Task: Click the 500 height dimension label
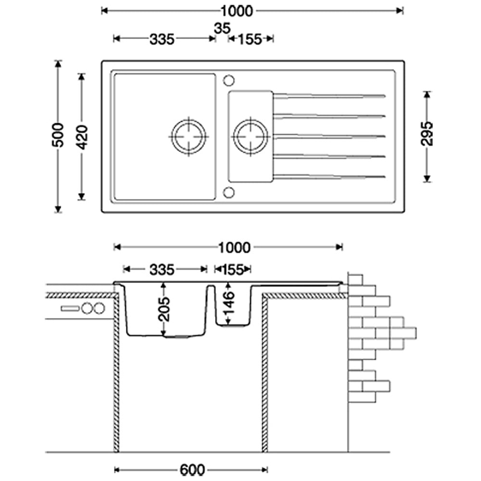58,135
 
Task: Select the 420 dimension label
82,137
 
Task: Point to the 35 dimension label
222,28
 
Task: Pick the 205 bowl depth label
164,308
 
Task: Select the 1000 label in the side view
234,247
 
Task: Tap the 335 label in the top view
161,39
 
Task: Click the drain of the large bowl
189,136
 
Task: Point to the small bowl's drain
251,136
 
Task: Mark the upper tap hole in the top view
229,79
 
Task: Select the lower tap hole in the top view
229,193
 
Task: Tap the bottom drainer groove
329,176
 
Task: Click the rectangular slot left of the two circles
70,308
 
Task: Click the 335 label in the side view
161,270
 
